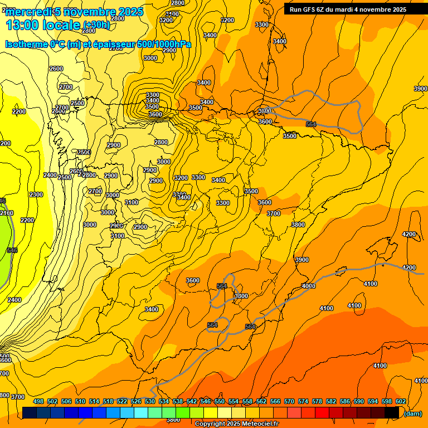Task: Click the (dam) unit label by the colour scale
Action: pos(412,414)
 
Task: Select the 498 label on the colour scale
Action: pos(38,401)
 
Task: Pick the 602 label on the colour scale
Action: pos(401,401)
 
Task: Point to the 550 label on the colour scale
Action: pos(220,401)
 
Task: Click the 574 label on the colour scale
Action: pos(303,401)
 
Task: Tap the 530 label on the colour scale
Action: pos(150,401)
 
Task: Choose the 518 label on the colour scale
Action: pos(108,401)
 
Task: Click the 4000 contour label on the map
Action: pos(308,286)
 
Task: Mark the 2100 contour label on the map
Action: pos(7,213)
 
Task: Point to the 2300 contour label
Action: pos(36,194)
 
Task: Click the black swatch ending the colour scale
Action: pos(392,412)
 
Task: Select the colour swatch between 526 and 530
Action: pos(141,412)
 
